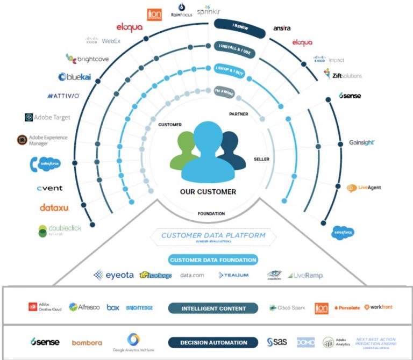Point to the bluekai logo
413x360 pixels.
pos(77,77)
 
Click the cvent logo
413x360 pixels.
pos(49,188)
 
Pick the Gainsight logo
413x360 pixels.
pos(362,142)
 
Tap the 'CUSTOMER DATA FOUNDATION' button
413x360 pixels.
pos(212,260)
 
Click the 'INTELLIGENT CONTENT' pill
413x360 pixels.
pos(213,308)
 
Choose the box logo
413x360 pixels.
pos(112,307)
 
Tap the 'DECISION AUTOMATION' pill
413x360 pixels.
pos(213,342)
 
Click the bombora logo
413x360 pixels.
pos(87,342)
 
